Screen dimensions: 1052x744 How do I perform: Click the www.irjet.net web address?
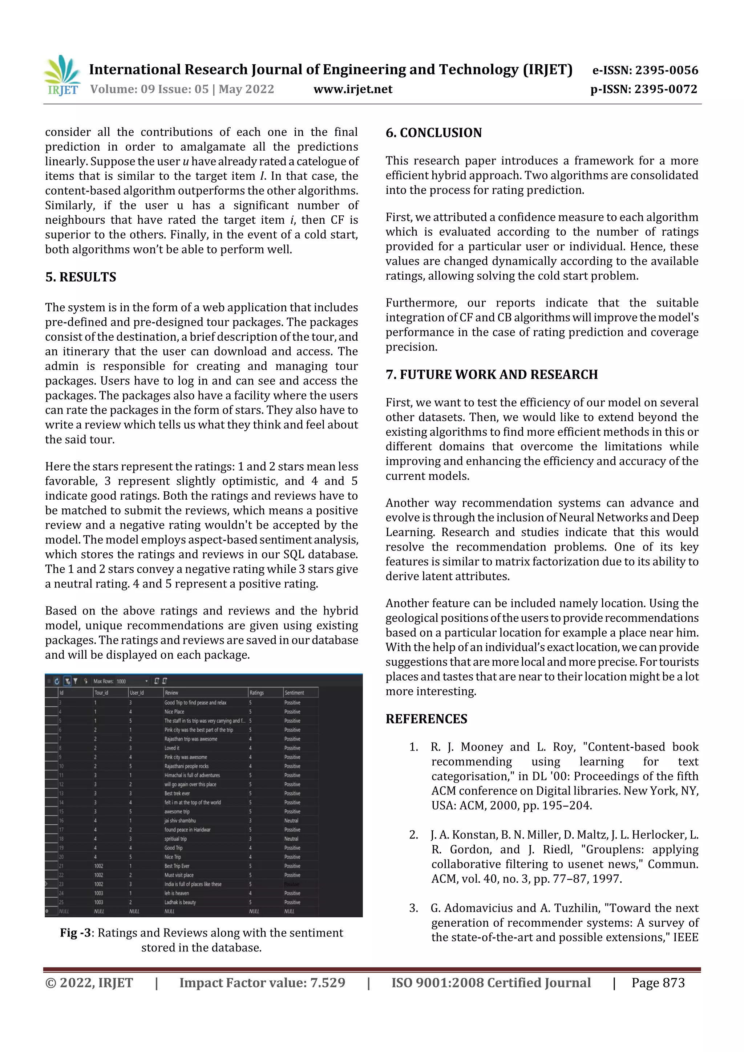click(x=352, y=89)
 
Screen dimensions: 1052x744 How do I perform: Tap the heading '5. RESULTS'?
click(x=81, y=277)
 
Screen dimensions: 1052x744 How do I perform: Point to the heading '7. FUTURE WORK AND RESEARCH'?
click(x=492, y=374)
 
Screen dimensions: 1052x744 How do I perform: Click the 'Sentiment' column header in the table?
click(x=294, y=693)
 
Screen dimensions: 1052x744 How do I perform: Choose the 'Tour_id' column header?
click(x=101, y=693)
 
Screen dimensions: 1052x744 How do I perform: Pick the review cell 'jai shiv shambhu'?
click(x=180, y=821)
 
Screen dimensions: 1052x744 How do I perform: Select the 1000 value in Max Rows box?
click(x=121, y=681)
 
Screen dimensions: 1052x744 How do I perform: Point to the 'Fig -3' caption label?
click(x=75, y=933)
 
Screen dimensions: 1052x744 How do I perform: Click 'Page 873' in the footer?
click(x=658, y=982)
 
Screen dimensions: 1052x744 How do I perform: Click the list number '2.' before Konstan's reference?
click(x=413, y=835)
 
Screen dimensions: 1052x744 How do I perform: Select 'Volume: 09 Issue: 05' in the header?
click(x=149, y=89)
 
